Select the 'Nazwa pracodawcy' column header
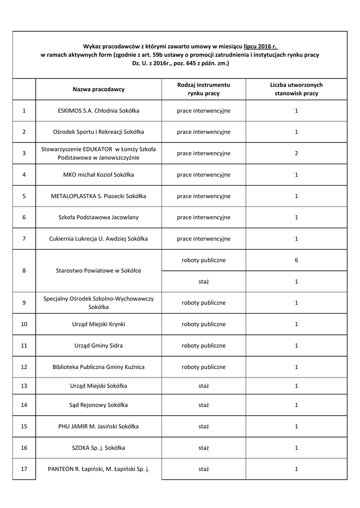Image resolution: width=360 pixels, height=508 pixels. click(98, 89)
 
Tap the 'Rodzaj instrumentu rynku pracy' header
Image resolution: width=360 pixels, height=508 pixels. click(204, 89)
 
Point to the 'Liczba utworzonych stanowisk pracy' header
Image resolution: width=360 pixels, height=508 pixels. click(296, 89)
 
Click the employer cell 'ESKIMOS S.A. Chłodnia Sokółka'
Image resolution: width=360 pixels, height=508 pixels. click(98, 111)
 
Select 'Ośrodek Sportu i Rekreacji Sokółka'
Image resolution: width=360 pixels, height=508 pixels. click(98, 132)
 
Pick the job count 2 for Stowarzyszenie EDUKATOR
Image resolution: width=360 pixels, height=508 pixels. click(296, 153)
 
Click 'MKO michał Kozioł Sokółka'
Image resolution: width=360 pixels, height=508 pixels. click(98, 175)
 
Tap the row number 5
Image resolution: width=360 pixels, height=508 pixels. click(24, 196)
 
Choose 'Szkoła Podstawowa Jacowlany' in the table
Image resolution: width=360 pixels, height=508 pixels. click(98, 217)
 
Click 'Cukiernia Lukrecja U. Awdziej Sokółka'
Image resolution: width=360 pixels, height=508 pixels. click(98, 239)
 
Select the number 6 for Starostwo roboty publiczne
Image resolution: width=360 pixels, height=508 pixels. click(296, 260)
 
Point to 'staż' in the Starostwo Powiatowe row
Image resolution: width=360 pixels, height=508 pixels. click(204, 281)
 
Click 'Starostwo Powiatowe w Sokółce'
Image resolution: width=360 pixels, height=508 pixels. click(98, 270)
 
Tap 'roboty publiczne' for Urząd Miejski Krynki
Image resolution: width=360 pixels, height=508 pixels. click(204, 324)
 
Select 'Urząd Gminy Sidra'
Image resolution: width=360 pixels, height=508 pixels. click(98, 345)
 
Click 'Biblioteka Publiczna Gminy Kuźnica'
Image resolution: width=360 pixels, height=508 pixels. click(98, 367)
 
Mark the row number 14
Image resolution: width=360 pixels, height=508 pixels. click(24, 405)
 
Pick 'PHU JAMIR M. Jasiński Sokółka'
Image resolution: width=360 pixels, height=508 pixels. click(98, 426)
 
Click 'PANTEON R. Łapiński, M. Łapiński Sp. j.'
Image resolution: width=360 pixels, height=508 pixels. click(98, 469)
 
